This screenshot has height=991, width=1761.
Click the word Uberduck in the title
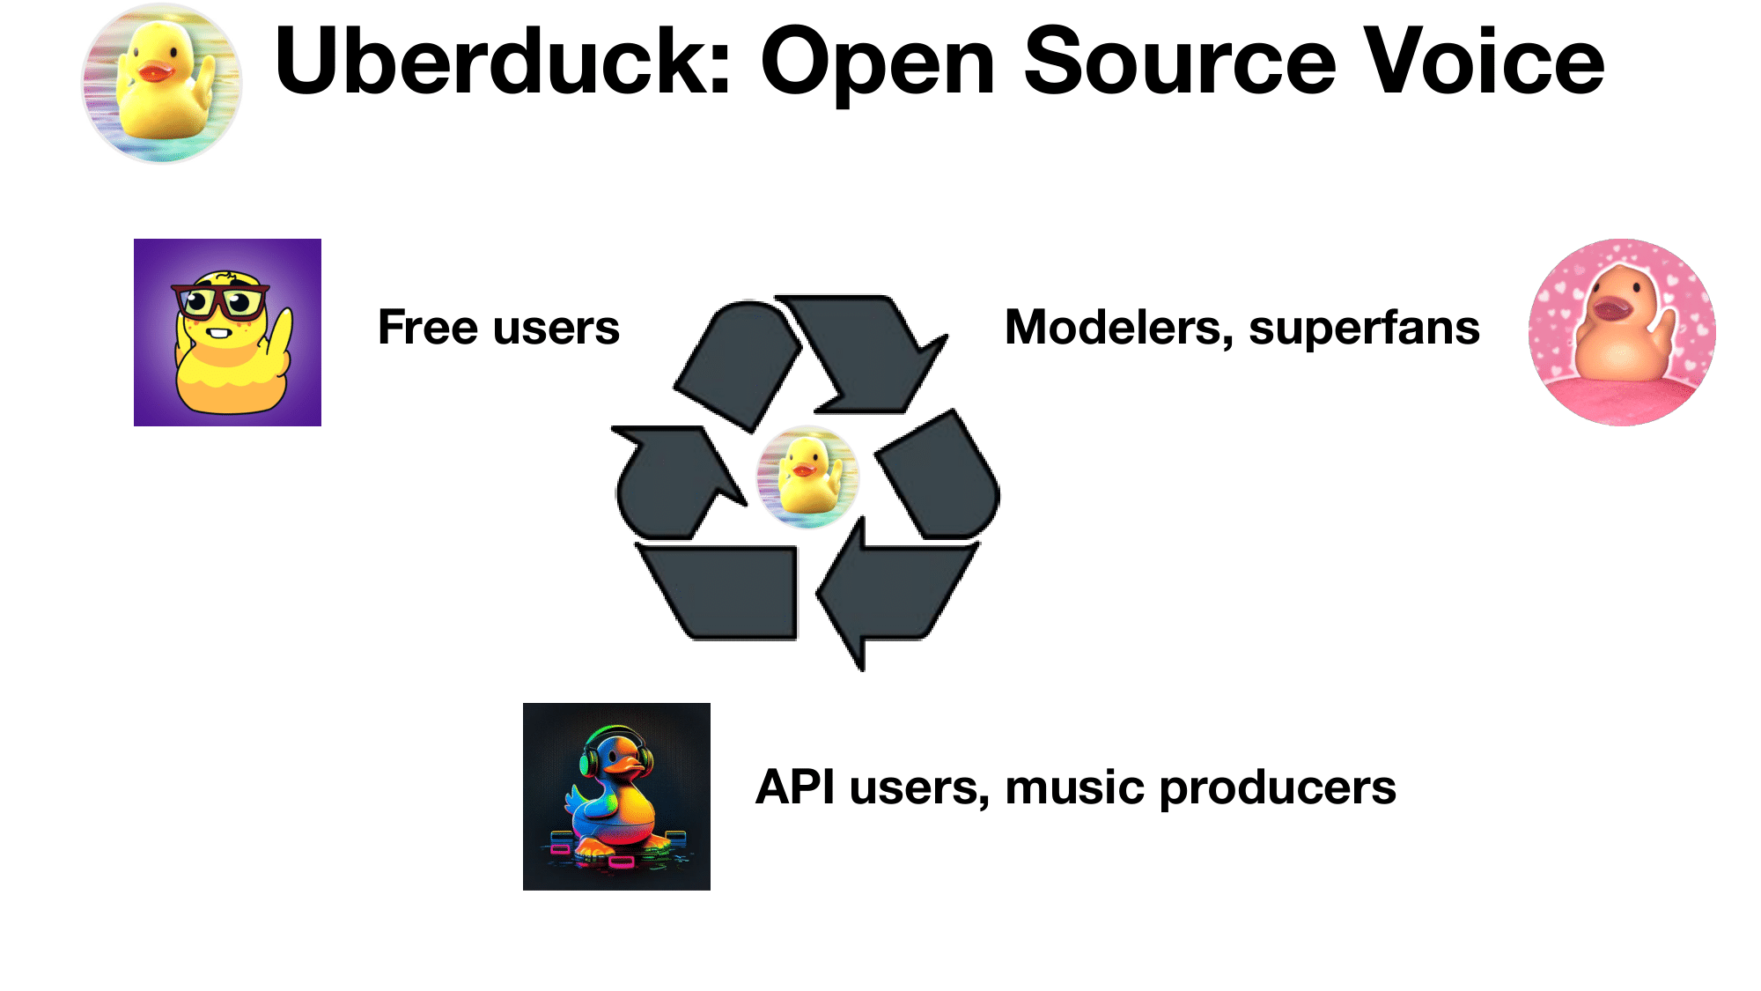502,61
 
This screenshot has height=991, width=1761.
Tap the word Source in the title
1179,61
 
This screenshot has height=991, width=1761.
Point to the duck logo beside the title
162,83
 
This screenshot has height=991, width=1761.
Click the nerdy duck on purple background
227,332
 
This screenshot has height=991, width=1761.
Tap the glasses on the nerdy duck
220,300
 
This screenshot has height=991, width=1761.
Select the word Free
429,327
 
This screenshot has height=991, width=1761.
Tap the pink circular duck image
1622,332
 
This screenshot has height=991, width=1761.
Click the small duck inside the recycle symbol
807,477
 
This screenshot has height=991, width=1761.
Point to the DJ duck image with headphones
616,796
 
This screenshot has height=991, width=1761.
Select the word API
795,787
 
